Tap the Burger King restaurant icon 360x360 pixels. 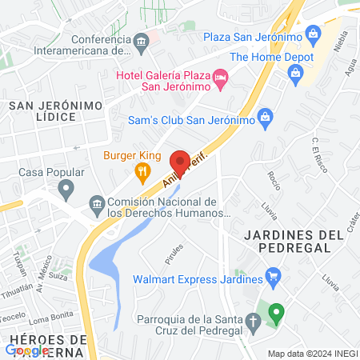(142, 170)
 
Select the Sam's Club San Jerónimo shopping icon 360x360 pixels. (266, 120)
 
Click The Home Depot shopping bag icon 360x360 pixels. (296, 74)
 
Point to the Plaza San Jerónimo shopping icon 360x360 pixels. (313, 35)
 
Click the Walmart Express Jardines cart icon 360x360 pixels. (274, 279)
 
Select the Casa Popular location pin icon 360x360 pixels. (66, 190)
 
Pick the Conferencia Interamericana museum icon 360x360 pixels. (141, 41)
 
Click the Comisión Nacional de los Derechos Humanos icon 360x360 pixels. (97, 203)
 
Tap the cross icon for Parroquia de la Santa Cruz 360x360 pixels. (253, 322)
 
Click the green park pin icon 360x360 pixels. (276, 311)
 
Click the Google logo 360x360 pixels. (27, 350)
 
